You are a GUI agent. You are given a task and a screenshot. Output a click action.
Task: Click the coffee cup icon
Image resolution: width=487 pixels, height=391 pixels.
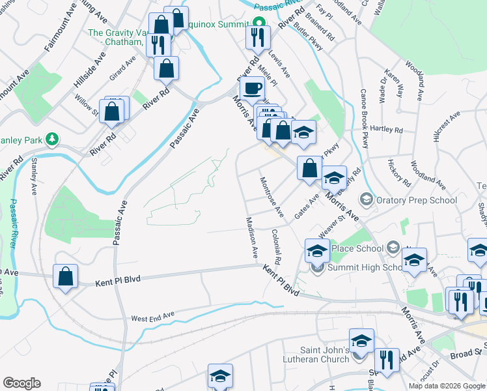coord(252,88)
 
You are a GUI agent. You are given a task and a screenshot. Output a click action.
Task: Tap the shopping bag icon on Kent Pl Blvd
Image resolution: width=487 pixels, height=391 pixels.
coord(65,276)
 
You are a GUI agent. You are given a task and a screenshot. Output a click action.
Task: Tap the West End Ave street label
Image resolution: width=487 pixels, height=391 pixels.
coord(153,318)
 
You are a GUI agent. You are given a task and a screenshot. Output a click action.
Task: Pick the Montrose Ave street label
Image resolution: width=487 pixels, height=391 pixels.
coord(272,196)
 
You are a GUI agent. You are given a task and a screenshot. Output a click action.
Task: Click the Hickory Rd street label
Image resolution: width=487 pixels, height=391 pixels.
coord(398,171)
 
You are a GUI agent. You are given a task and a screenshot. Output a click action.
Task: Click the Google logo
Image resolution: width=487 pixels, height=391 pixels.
coord(22,383)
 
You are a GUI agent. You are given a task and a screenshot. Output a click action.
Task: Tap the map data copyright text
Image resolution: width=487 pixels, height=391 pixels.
coord(446,386)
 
